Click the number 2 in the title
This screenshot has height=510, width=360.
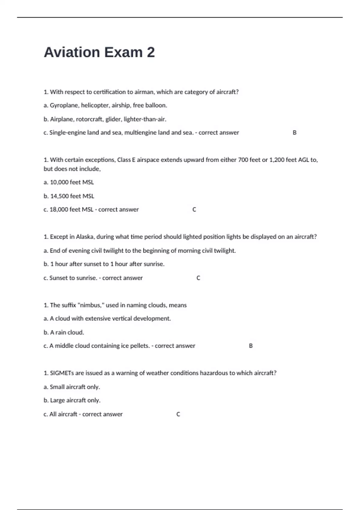click(151, 52)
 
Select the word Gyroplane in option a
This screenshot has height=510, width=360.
click(64, 105)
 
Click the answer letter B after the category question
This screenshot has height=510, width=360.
click(295, 133)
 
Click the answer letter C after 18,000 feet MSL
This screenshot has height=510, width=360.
click(194, 209)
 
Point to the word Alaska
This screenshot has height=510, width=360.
click(85, 237)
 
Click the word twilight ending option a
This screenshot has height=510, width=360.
click(225, 250)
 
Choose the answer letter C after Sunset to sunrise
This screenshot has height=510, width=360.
click(198, 278)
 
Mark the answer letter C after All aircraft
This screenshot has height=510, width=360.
click(178, 414)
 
